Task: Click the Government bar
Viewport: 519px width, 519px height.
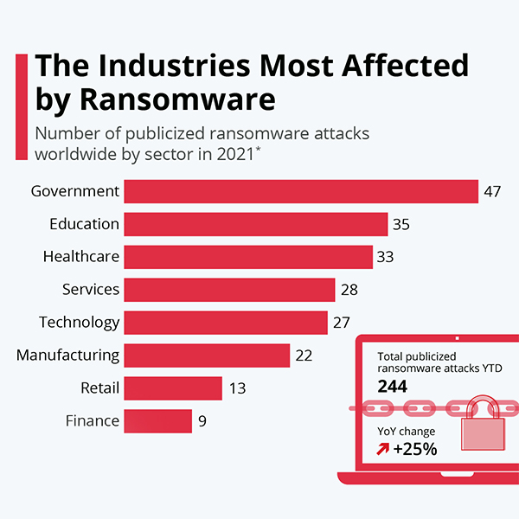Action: click(x=301, y=191)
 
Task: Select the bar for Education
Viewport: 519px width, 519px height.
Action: click(x=255, y=224)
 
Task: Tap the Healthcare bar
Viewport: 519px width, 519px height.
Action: click(x=248, y=257)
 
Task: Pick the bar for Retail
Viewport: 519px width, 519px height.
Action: click(x=173, y=388)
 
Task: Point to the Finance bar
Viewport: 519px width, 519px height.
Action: click(x=157, y=420)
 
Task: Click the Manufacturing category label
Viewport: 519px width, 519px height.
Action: click(x=67, y=355)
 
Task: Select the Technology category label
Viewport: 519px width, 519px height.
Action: click(x=79, y=322)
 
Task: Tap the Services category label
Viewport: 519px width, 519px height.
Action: click(x=91, y=290)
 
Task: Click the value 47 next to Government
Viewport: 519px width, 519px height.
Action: click(x=492, y=191)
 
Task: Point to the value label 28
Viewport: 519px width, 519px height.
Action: click(x=349, y=290)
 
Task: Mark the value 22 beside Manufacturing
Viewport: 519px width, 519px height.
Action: click(x=303, y=356)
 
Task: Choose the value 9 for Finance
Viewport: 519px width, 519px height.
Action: click(x=202, y=421)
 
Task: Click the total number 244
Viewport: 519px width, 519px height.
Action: click(x=393, y=387)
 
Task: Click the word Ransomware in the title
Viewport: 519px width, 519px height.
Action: click(x=176, y=99)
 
